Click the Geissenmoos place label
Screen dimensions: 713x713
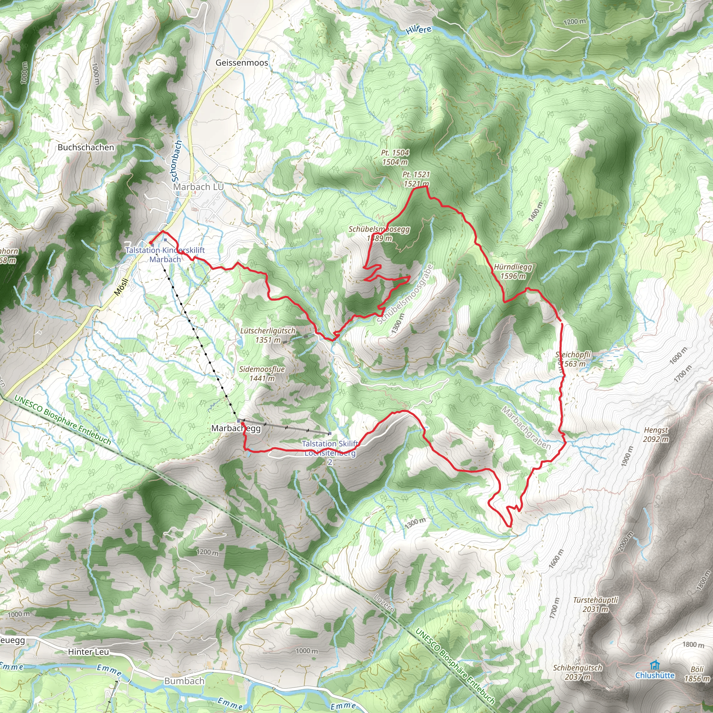pyautogui.click(x=242, y=63)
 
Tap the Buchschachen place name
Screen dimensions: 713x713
pyautogui.click(x=86, y=147)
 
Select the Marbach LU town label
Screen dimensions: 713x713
pyautogui.click(x=198, y=187)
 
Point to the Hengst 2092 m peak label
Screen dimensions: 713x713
pyautogui.click(x=656, y=434)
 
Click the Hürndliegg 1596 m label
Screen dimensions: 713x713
pyautogui.click(x=512, y=271)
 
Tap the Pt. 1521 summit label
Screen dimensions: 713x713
pyautogui.click(x=416, y=179)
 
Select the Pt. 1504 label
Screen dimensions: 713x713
pyautogui.click(x=395, y=157)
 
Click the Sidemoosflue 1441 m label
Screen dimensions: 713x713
pyautogui.click(x=262, y=374)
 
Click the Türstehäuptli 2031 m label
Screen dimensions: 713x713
pyautogui.click(x=595, y=604)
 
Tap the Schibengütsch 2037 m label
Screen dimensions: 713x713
pyautogui.click(x=578, y=672)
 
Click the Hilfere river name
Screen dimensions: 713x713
pyautogui.click(x=418, y=30)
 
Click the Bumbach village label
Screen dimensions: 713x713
pyautogui.click(x=184, y=681)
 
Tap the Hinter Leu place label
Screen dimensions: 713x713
pyautogui.click(x=88, y=652)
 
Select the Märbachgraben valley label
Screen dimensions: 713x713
pyautogui.click(x=526, y=428)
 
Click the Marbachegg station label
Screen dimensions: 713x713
pyautogui.click(x=236, y=428)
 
